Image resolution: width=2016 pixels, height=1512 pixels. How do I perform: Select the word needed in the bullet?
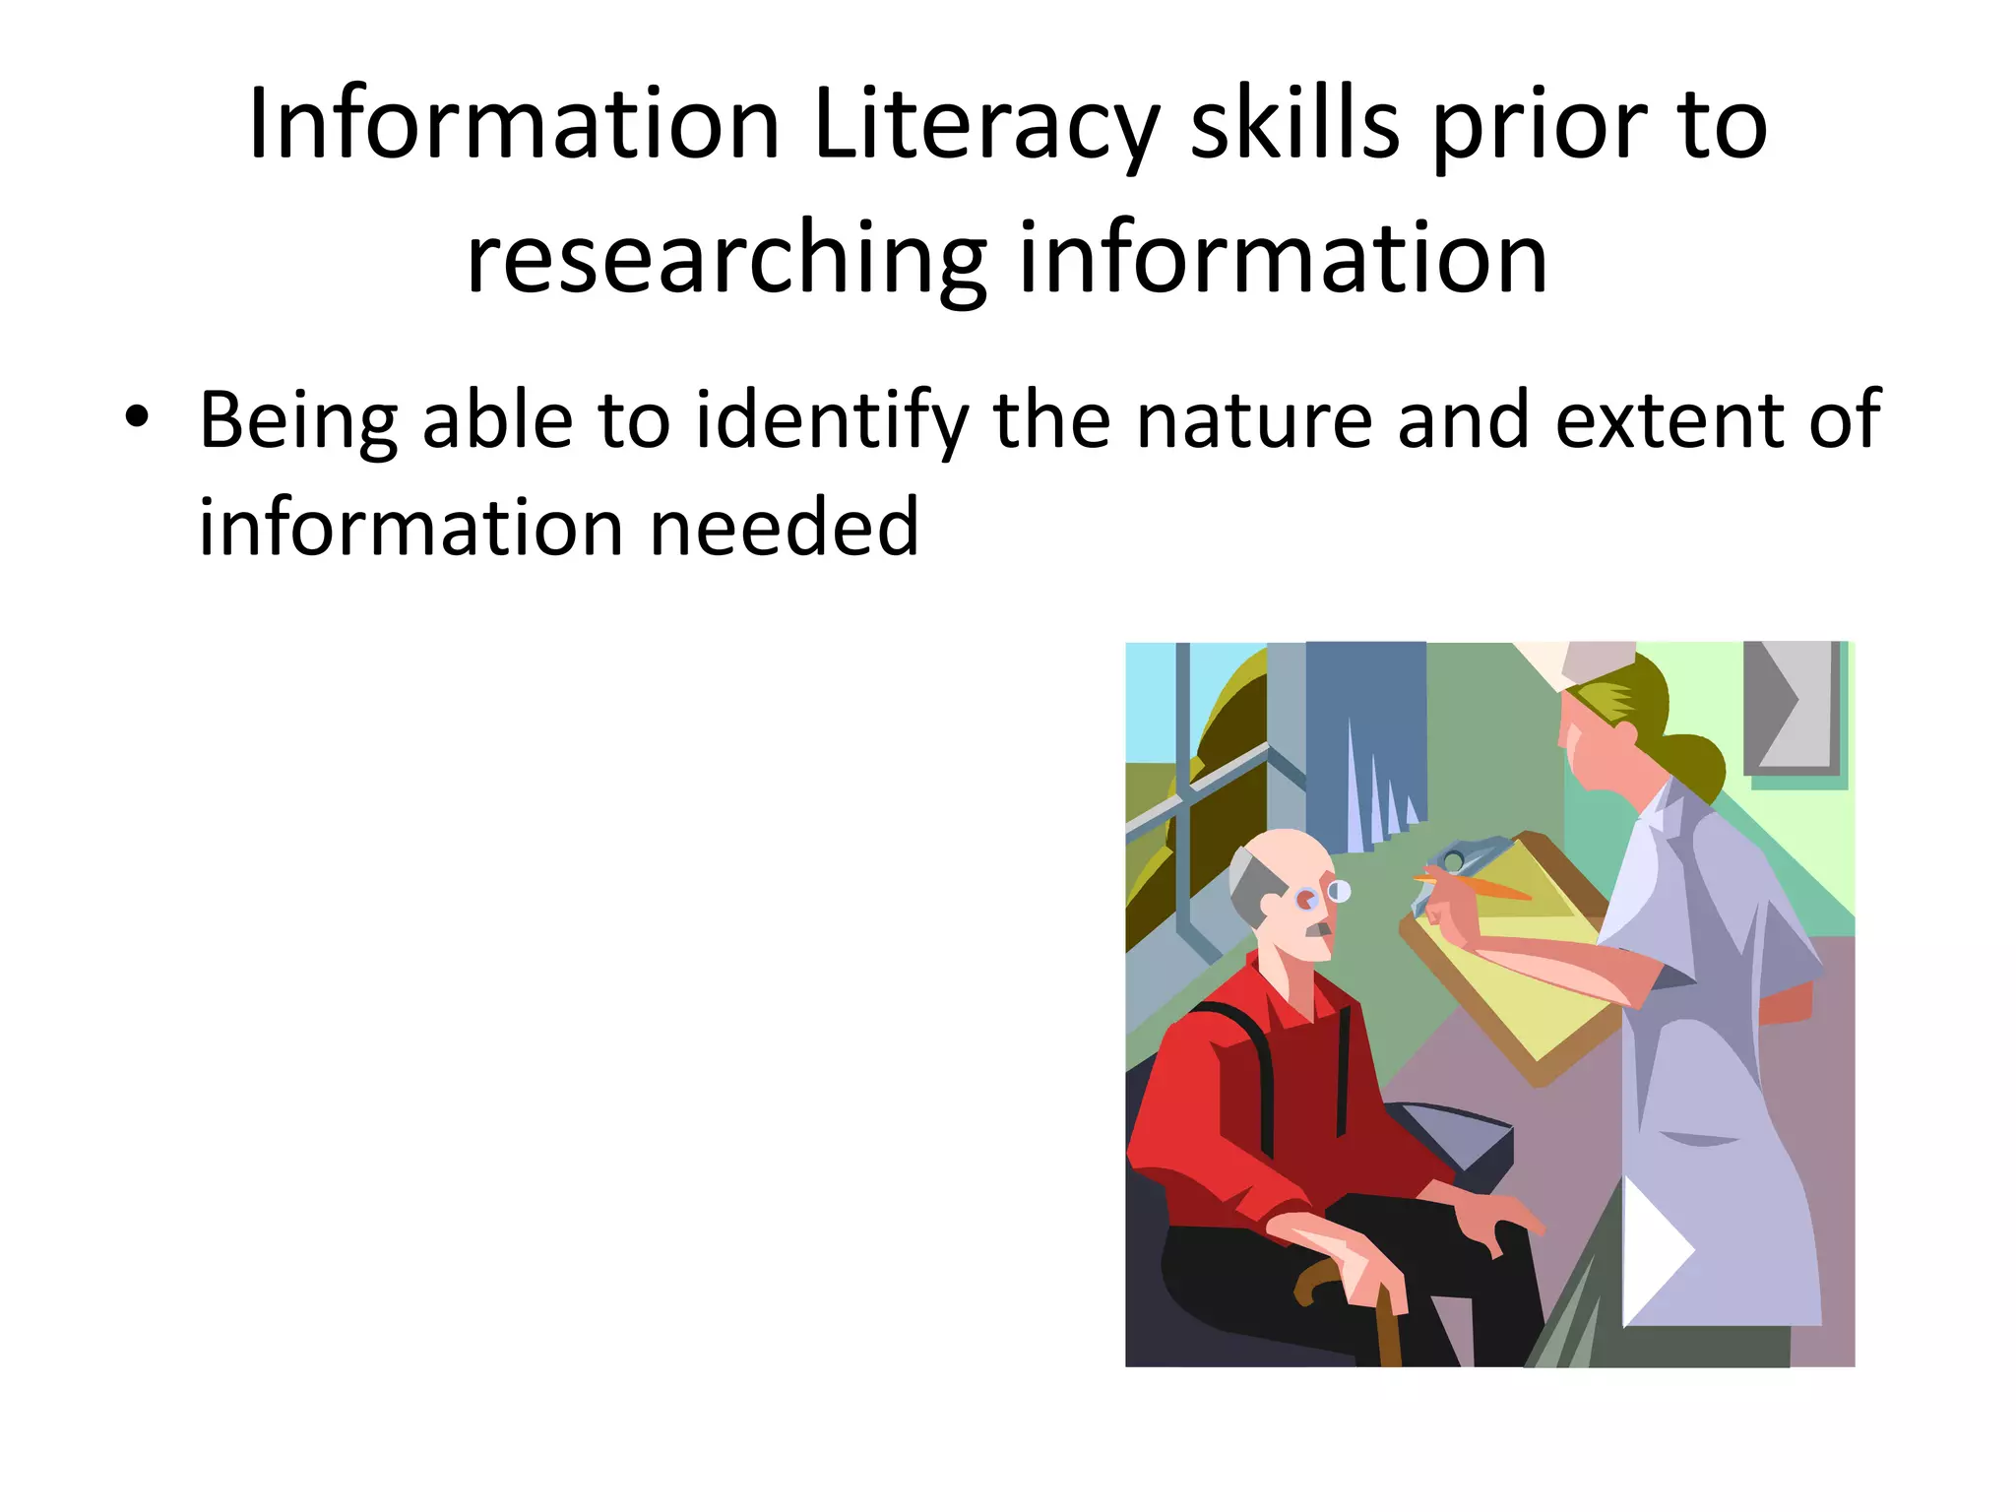(x=785, y=528)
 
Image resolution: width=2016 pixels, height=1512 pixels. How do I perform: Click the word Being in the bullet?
(x=297, y=420)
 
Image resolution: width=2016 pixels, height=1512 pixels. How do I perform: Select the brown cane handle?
(x=1319, y=1280)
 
